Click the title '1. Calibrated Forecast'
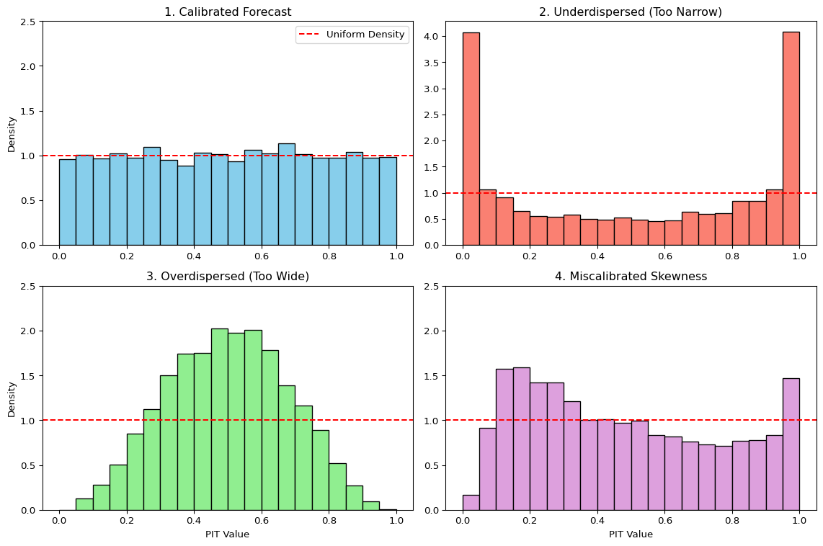pyautogui.click(x=228, y=12)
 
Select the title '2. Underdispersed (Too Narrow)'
pyautogui.click(x=631, y=12)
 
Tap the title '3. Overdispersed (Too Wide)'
pyautogui.click(x=228, y=277)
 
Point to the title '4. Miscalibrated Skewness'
pyautogui.click(x=631, y=277)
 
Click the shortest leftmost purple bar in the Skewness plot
pyautogui.click(x=471, y=502)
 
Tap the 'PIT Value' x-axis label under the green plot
pyautogui.click(x=228, y=534)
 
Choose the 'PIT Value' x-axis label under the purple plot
pyautogui.click(x=631, y=534)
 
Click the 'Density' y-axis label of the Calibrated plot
pyautogui.click(x=12, y=133)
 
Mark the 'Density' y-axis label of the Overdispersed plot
pyautogui.click(x=12, y=398)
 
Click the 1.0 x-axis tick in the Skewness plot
pyautogui.click(x=799, y=521)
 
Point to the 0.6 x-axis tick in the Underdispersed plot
pyautogui.click(x=664, y=256)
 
